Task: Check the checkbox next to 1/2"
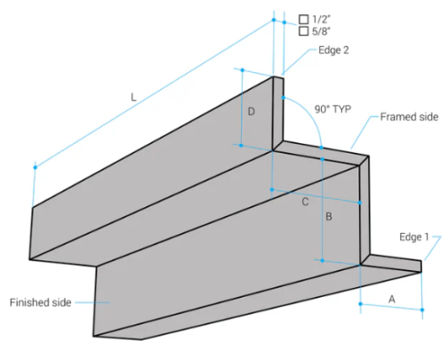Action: (x=303, y=18)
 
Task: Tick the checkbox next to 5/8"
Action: (x=303, y=30)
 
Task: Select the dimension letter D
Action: (x=252, y=112)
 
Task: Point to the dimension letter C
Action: (x=305, y=203)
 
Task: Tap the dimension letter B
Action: (x=328, y=217)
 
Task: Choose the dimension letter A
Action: (x=392, y=300)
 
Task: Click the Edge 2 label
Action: (x=333, y=51)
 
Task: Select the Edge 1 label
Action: (x=413, y=236)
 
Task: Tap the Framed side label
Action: (x=409, y=117)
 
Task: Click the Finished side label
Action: (x=40, y=302)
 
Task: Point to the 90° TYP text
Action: (x=333, y=109)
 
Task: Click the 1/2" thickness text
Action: (x=320, y=18)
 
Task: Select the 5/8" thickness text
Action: (x=320, y=30)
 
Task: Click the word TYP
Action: (x=342, y=109)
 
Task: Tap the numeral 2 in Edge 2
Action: (x=345, y=51)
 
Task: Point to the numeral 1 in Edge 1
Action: (x=426, y=236)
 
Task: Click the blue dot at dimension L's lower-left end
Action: (x=35, y=166)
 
